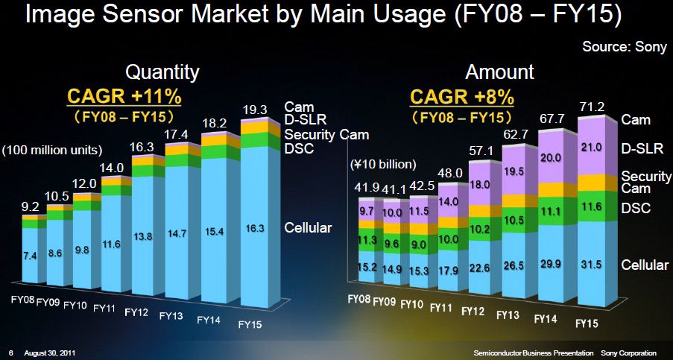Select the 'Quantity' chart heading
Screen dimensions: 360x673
pos(162,72)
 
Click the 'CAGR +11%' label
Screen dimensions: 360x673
pos(125,97)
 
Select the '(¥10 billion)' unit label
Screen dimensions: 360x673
pos(379,164)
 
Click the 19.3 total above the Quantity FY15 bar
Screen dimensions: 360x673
pos(257,109)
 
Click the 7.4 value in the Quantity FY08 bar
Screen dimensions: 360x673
pos(29,256)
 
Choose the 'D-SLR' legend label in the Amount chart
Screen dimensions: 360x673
pos(639,148)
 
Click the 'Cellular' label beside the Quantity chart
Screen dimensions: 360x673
pos(309,227)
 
